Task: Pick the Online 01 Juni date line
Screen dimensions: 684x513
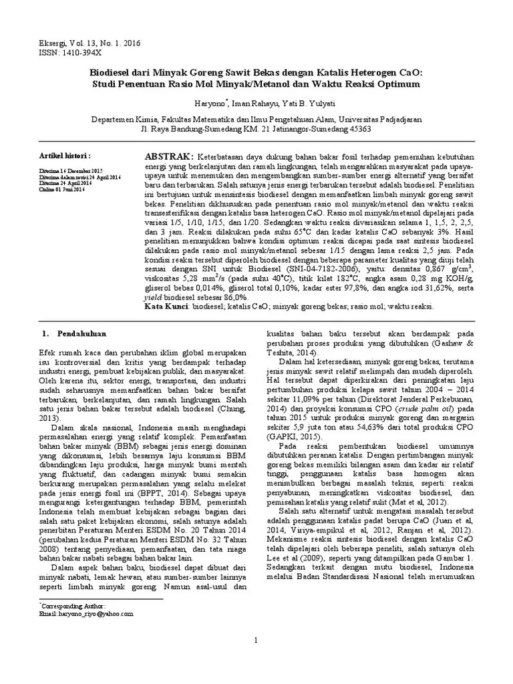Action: [x=62, y=189]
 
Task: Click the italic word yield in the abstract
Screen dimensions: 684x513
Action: [x=155, y=297]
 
